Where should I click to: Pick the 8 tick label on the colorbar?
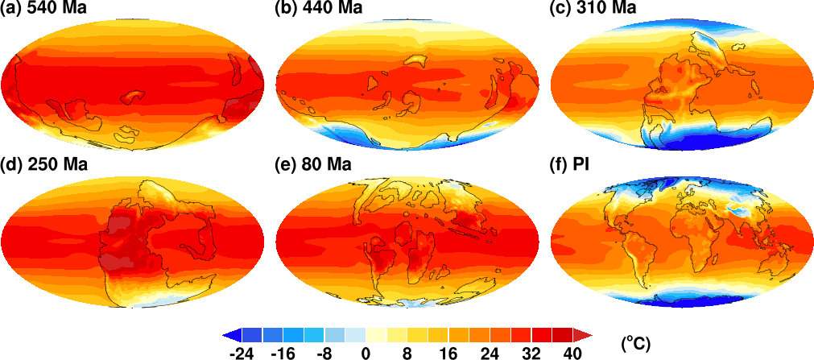407,351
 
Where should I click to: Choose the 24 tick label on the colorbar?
490,351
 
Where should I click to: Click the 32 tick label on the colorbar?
532,351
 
